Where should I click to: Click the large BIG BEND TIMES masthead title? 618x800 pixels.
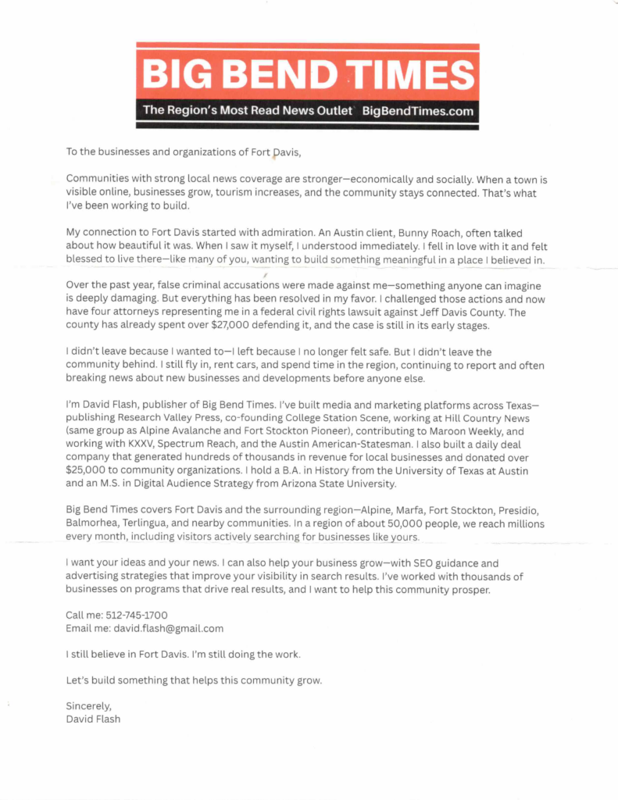308,74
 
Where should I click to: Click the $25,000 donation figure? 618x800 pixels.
93,470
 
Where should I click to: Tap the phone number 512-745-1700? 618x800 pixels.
128,615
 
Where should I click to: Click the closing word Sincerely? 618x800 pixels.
89,706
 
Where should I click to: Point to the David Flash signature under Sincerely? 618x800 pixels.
93,719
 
